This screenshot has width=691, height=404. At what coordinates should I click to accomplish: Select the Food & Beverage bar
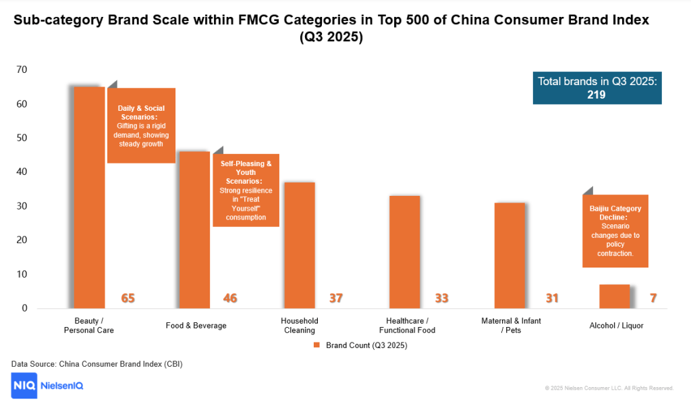pyautogui.click(x=194, y=230)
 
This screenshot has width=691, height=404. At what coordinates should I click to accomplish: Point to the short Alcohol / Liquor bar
pyautogui.click(x=614, y=296)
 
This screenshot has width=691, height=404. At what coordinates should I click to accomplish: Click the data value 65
pyautogui.click(x=128, y=298)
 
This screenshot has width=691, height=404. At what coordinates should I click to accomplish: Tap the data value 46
pyautogui.click(x=230, y=298)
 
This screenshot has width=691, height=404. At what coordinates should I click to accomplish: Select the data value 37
pyautogui.click(x=335, y=298)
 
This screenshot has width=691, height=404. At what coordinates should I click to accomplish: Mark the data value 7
pyautogui.click(x=653, y=298)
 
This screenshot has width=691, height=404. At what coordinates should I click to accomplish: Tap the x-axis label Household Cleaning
pyautogui.click(x=299, y=326)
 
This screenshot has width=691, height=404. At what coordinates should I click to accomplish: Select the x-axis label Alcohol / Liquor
pyautogui.click(x=616, y=326)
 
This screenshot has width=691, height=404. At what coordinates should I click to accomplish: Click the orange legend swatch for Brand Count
pyautogui.click(x=316, y=345)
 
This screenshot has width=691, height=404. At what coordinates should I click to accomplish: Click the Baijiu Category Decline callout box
pyautogui.click(x=615, y=231)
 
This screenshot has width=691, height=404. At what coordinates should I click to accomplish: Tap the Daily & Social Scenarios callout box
pyautogui.click(x=141, y=126)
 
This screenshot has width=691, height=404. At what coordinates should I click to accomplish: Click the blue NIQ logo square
pyautogui.click(x=24, y=386)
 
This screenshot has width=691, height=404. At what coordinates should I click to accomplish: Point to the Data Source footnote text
pyautogui.click(x=97, y=364)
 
